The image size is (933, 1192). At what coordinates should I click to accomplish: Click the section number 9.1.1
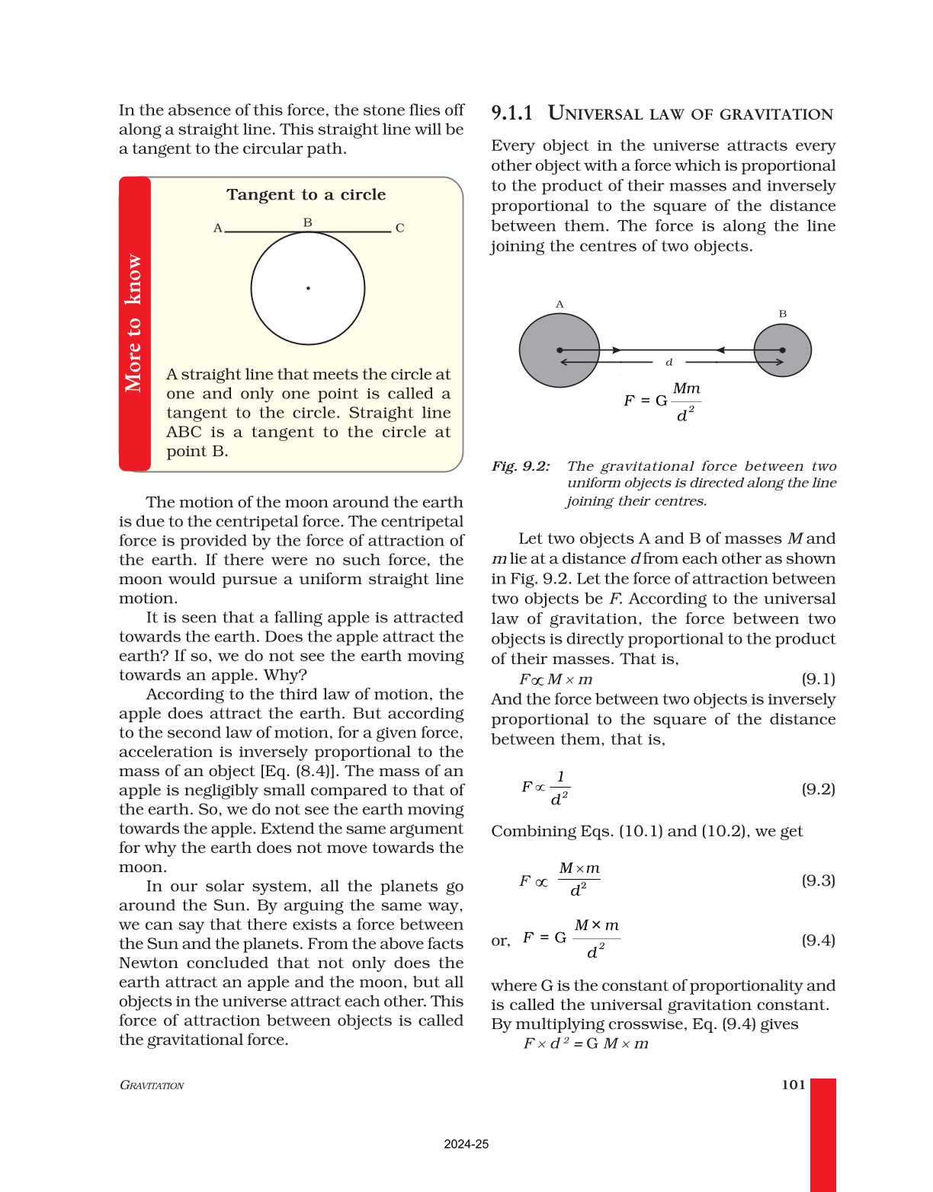pos(511,113)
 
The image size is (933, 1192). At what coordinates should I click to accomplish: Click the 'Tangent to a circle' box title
pos(306,195)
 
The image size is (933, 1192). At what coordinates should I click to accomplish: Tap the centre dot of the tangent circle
pos(308,288)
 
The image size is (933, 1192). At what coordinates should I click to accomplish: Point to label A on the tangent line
pos(217,228)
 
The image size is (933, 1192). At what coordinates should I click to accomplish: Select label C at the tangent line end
pos(399,228)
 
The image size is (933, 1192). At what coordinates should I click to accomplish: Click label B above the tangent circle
pos(307,222)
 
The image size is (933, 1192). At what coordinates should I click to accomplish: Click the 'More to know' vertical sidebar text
pos(134,323)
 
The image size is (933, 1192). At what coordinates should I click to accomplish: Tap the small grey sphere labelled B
pos(782,350)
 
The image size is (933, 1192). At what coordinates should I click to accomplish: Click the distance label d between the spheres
pos(668,363)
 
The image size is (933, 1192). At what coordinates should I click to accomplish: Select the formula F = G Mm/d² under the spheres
pos(662,401)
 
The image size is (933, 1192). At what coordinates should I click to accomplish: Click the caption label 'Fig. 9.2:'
pos(521,466)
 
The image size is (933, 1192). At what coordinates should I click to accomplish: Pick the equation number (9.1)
pos(818,679)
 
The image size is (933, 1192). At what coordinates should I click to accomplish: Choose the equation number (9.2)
pos(818,788)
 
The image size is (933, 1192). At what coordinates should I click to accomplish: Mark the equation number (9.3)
pos(818,880)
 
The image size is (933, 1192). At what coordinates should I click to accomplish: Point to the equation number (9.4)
pos(818,940)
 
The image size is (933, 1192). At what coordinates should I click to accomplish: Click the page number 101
pos(793,1085)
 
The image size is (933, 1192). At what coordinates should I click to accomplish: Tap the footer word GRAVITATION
pos(152,1085)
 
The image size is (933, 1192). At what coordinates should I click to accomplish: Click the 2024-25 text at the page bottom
pos(466,1144)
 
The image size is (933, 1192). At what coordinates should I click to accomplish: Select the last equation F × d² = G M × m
pos(585,1043)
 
